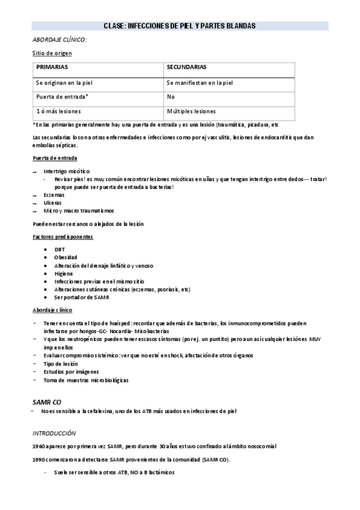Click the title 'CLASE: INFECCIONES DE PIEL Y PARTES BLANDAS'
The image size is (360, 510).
point(180,26)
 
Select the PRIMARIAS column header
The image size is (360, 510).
point(52,68)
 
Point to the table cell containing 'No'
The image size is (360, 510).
point(171,97)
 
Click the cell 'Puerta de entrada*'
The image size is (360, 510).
point(63,97)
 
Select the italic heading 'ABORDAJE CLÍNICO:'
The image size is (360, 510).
point(59,39)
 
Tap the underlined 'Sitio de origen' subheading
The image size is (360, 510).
point(52,53)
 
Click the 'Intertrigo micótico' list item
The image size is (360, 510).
point(66,171)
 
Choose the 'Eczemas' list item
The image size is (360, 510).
point(53,195)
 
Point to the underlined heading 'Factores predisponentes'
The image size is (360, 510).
point(63,237)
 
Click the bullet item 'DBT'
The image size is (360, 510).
point(59,249)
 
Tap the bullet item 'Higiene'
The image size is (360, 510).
point(64,274)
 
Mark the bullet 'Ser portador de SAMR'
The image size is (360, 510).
point(82,298)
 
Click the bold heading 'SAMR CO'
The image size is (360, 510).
point(46,401)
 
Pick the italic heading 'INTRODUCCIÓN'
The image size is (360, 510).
point(54,432)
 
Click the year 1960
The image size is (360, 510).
point(38,446)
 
